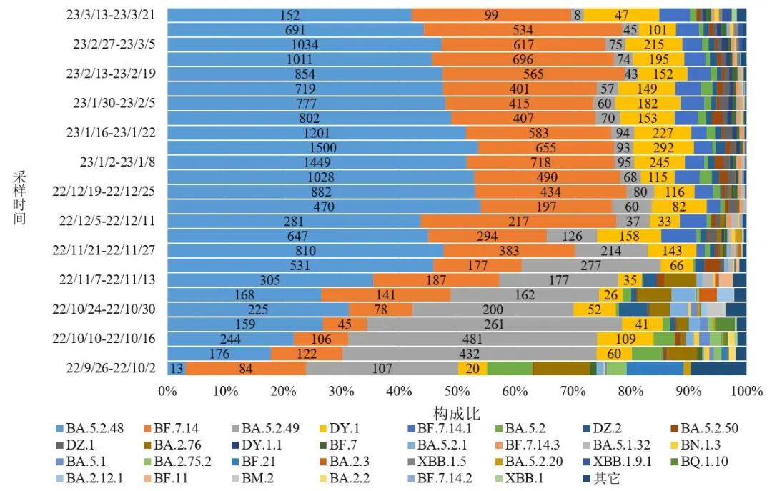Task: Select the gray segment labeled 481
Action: [471, 339]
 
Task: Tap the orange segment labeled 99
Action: [491, 14]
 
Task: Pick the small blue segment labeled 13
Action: [176, 368]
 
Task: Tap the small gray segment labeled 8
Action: [578, 14]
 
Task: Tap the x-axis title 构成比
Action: [457, 412]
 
